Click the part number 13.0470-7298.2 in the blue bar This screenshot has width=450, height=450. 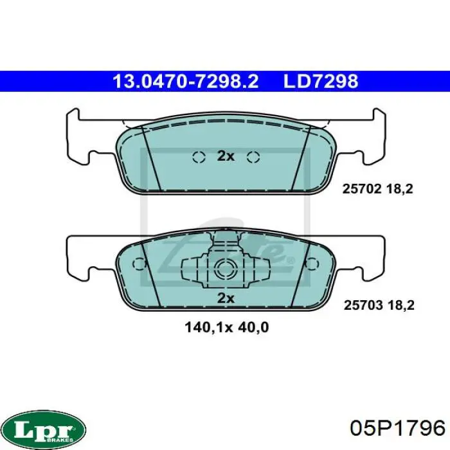186,81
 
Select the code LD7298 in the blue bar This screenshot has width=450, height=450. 321,81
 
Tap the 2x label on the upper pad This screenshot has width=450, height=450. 226,156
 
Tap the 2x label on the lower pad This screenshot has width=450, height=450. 226,298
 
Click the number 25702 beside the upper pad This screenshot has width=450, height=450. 362,189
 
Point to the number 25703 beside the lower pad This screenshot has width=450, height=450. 363,305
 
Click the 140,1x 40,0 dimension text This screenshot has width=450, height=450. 227,327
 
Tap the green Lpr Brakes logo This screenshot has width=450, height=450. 46,429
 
